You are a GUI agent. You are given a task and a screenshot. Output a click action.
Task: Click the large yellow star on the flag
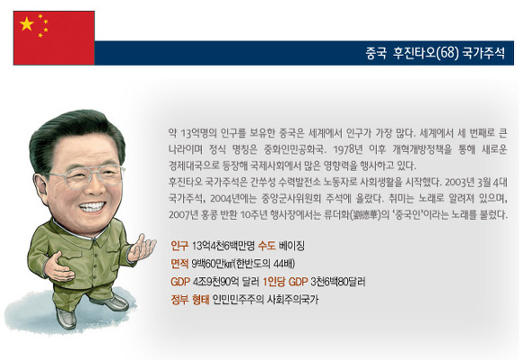tap(27, 24)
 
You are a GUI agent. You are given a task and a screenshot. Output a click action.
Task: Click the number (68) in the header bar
tap(448, 53)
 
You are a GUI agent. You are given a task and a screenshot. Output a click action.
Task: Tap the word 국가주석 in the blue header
tap(484, 53)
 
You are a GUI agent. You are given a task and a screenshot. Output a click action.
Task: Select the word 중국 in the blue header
tap(376, 53)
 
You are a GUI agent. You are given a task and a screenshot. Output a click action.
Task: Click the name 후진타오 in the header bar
tap(414, 53)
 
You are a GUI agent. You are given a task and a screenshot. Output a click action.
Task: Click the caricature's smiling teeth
tap(92, 206)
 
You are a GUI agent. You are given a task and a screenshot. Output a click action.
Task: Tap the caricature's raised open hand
tap(142, 248)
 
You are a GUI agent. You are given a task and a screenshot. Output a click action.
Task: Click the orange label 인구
tap(179, 246)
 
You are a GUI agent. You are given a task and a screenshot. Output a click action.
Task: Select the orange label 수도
tap(266, 246)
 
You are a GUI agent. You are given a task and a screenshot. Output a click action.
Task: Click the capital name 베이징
tap(292, 246)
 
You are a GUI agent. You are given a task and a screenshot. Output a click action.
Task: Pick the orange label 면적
tap(179, 264)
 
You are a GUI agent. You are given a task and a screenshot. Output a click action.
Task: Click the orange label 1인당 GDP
tap(285, 282)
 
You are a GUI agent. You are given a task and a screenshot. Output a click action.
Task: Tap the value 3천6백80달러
tap(338, 282)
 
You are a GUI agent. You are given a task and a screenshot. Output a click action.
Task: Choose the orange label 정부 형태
tap(190, 300)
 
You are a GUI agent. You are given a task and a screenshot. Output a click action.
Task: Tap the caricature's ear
tap(40, 189)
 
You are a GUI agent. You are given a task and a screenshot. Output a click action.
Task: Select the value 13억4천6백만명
tap(223, 246)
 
